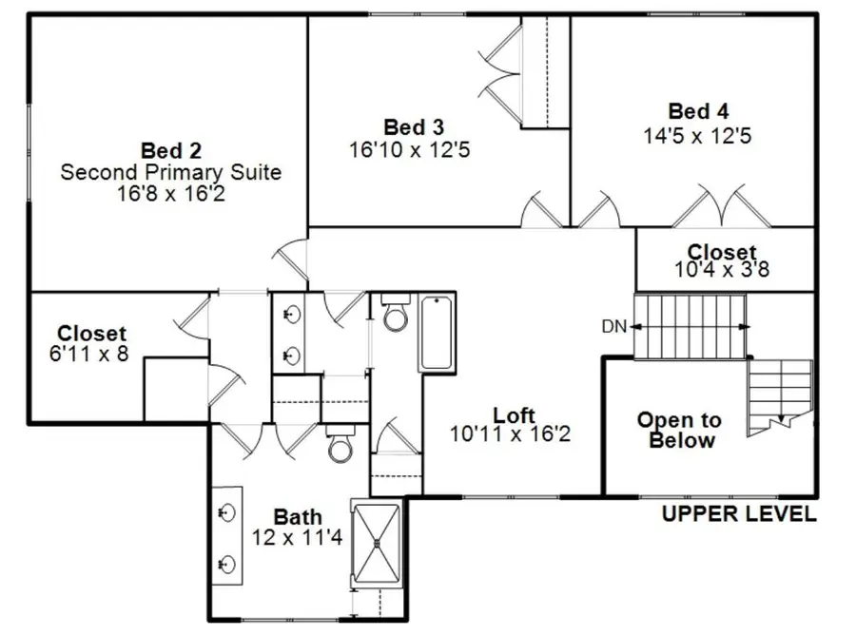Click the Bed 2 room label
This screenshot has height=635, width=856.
click(170, 150)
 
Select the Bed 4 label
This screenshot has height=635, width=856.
click(698, 111)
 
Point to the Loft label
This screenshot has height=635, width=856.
click(514, 415)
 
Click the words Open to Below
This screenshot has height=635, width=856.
click(679, 430)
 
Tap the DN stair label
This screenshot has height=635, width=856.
click(613, 327)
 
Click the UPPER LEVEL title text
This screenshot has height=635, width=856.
click(739, 514)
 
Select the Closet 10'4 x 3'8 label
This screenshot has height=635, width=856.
click(723, 260)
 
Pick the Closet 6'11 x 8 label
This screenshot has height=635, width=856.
click(91, 343)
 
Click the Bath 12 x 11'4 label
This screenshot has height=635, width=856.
click(298, 527)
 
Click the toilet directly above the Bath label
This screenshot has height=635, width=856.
click(340, 445)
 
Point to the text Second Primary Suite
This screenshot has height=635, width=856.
click(170, 172)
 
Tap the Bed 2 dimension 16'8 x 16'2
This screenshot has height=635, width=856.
click(170, 194)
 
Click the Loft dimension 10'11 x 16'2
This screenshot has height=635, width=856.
click(514, 434)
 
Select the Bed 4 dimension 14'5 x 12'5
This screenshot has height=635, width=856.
click(698, 135)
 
